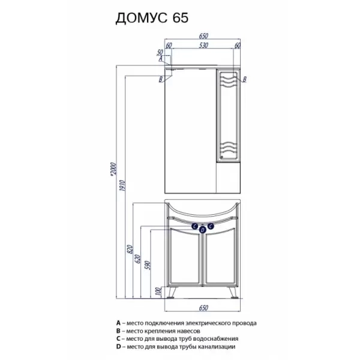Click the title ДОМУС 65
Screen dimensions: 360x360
(152, 18)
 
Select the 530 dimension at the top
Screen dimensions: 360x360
(203, 46)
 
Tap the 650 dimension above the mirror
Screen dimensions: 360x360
(203, 36)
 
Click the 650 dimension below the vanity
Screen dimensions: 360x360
(203, 308)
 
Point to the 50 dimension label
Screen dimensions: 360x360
(160, 53)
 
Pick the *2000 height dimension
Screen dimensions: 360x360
(113, 170)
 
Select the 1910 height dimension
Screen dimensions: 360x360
(122, 186)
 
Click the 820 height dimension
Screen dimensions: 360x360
(130, 250)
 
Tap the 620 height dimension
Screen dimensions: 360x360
(137, 259)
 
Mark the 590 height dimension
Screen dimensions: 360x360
(148, 265)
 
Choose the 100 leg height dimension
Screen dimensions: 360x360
(158, 292)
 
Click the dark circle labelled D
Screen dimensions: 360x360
(203, 230)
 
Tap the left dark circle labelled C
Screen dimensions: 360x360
(195, 226)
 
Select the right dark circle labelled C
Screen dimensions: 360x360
(211, 226)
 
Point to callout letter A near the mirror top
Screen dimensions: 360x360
(161, 59)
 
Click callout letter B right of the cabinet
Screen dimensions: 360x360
(245, 79)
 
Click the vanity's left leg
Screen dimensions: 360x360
(172, 293)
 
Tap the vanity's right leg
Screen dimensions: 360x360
(233, 293)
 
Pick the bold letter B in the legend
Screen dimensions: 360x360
(118, 331)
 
